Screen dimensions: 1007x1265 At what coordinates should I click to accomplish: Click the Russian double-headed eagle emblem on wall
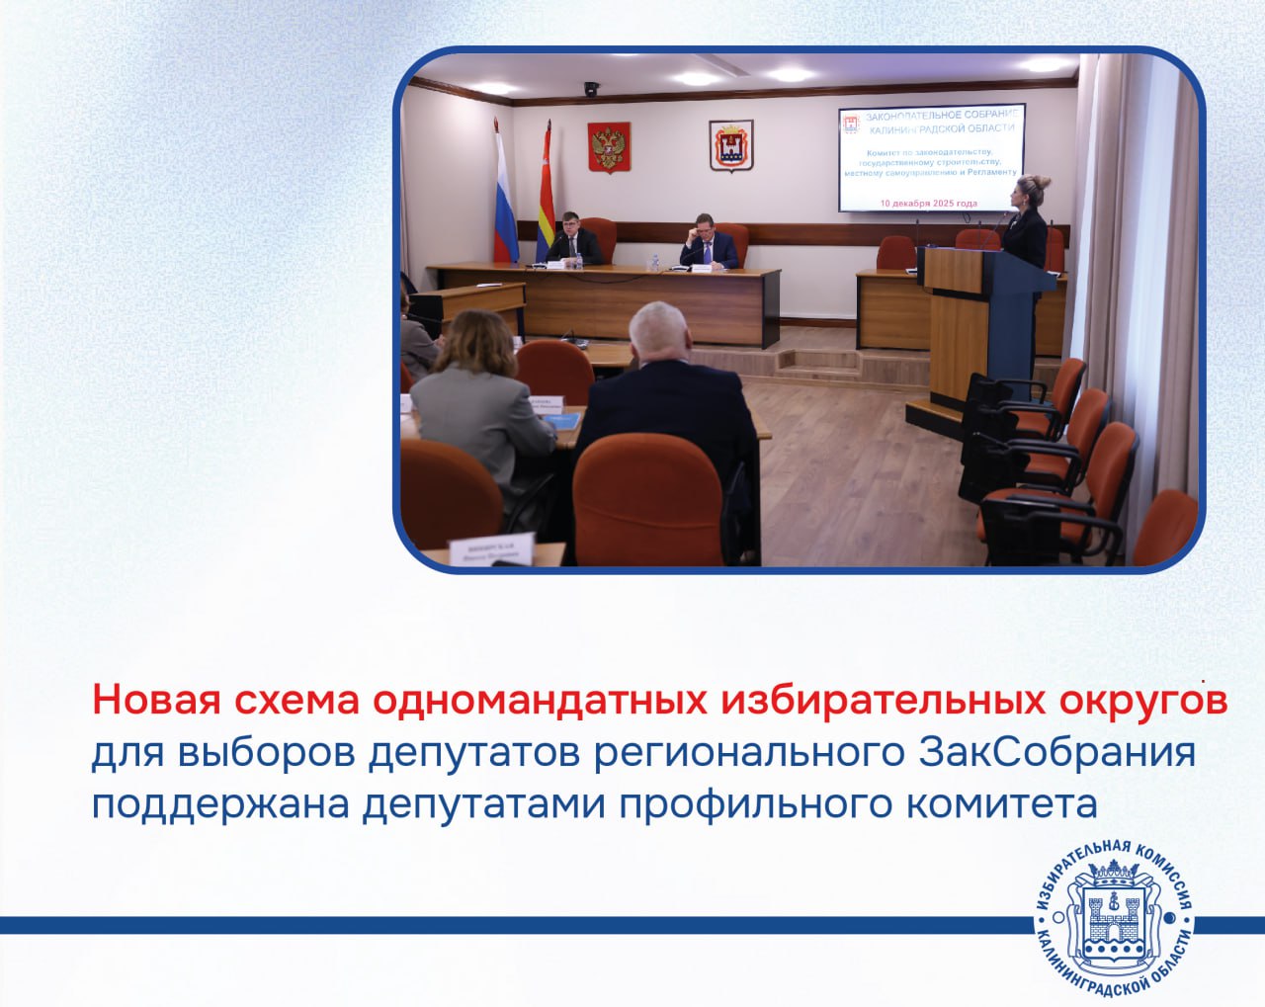click(x=609, y=147)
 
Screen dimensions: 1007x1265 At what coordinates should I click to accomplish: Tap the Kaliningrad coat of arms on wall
click(x=730, y=146)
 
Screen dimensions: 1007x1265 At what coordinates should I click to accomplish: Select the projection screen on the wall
click(x=930, y=158)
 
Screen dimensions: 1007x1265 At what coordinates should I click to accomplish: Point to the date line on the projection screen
click(x=929, y=203)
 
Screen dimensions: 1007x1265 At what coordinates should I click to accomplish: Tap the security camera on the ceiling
click(x=591, y=89)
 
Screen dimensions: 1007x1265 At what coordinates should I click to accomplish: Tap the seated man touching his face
click(x=709, y=243)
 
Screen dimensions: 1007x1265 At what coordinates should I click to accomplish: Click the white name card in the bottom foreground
click(x=491, y=550)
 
